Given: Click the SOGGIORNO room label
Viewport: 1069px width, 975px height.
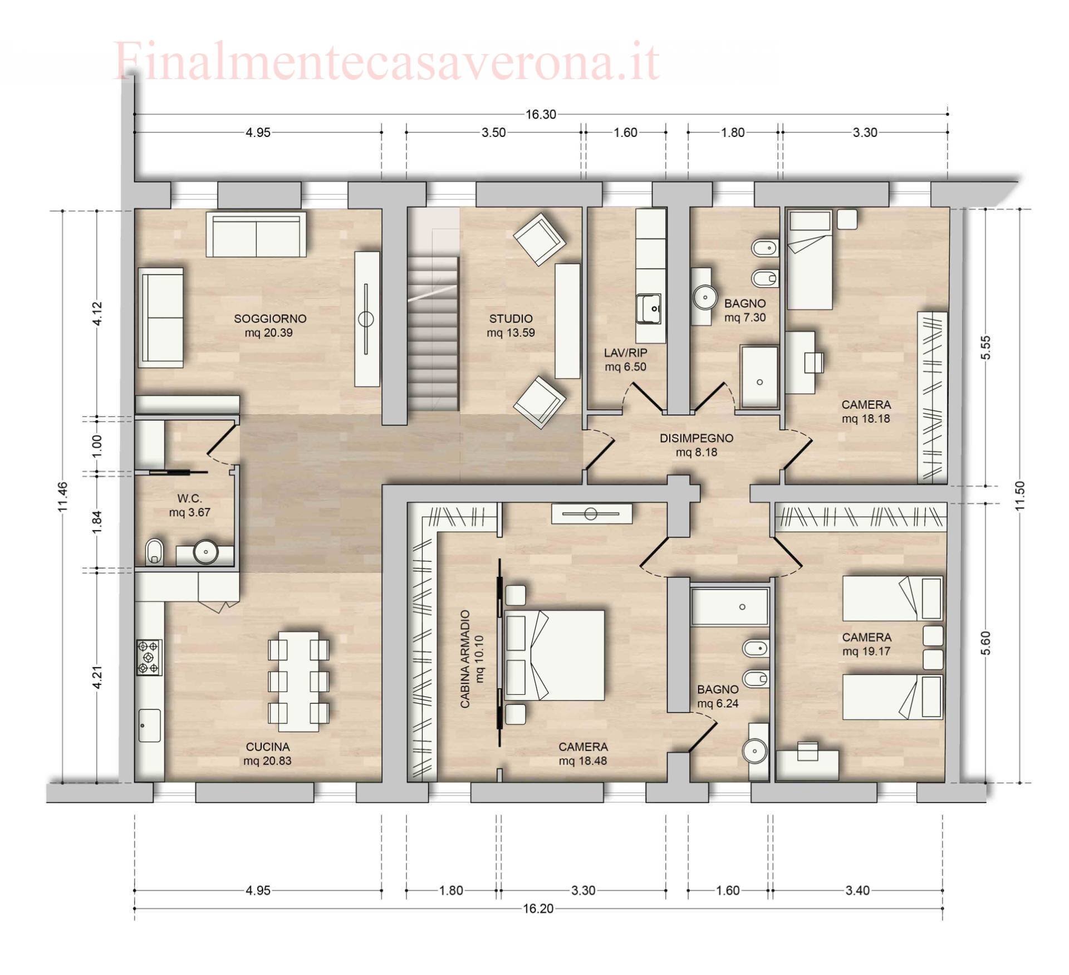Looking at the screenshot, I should [269, 325].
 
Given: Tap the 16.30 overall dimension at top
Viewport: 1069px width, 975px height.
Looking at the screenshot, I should [541, 114].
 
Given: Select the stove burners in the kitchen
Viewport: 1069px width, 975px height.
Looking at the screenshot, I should [149, 657].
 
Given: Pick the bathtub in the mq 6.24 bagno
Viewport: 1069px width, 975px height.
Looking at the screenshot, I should [730, 607].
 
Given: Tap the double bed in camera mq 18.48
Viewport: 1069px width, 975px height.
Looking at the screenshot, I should [555, 655].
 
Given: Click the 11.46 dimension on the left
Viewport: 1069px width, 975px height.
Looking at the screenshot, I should [62, 496].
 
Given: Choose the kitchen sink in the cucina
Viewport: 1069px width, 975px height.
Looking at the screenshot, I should [149, 725].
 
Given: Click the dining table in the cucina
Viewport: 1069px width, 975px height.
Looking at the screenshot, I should [298, 681].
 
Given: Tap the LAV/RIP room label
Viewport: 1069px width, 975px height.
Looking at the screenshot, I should [625, 359].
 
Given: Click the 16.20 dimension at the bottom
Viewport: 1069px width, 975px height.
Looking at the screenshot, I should [538, 909].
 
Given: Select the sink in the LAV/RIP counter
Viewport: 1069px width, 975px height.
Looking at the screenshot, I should [649, 308].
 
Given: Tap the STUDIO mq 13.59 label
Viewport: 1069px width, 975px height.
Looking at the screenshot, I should [511, 325].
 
